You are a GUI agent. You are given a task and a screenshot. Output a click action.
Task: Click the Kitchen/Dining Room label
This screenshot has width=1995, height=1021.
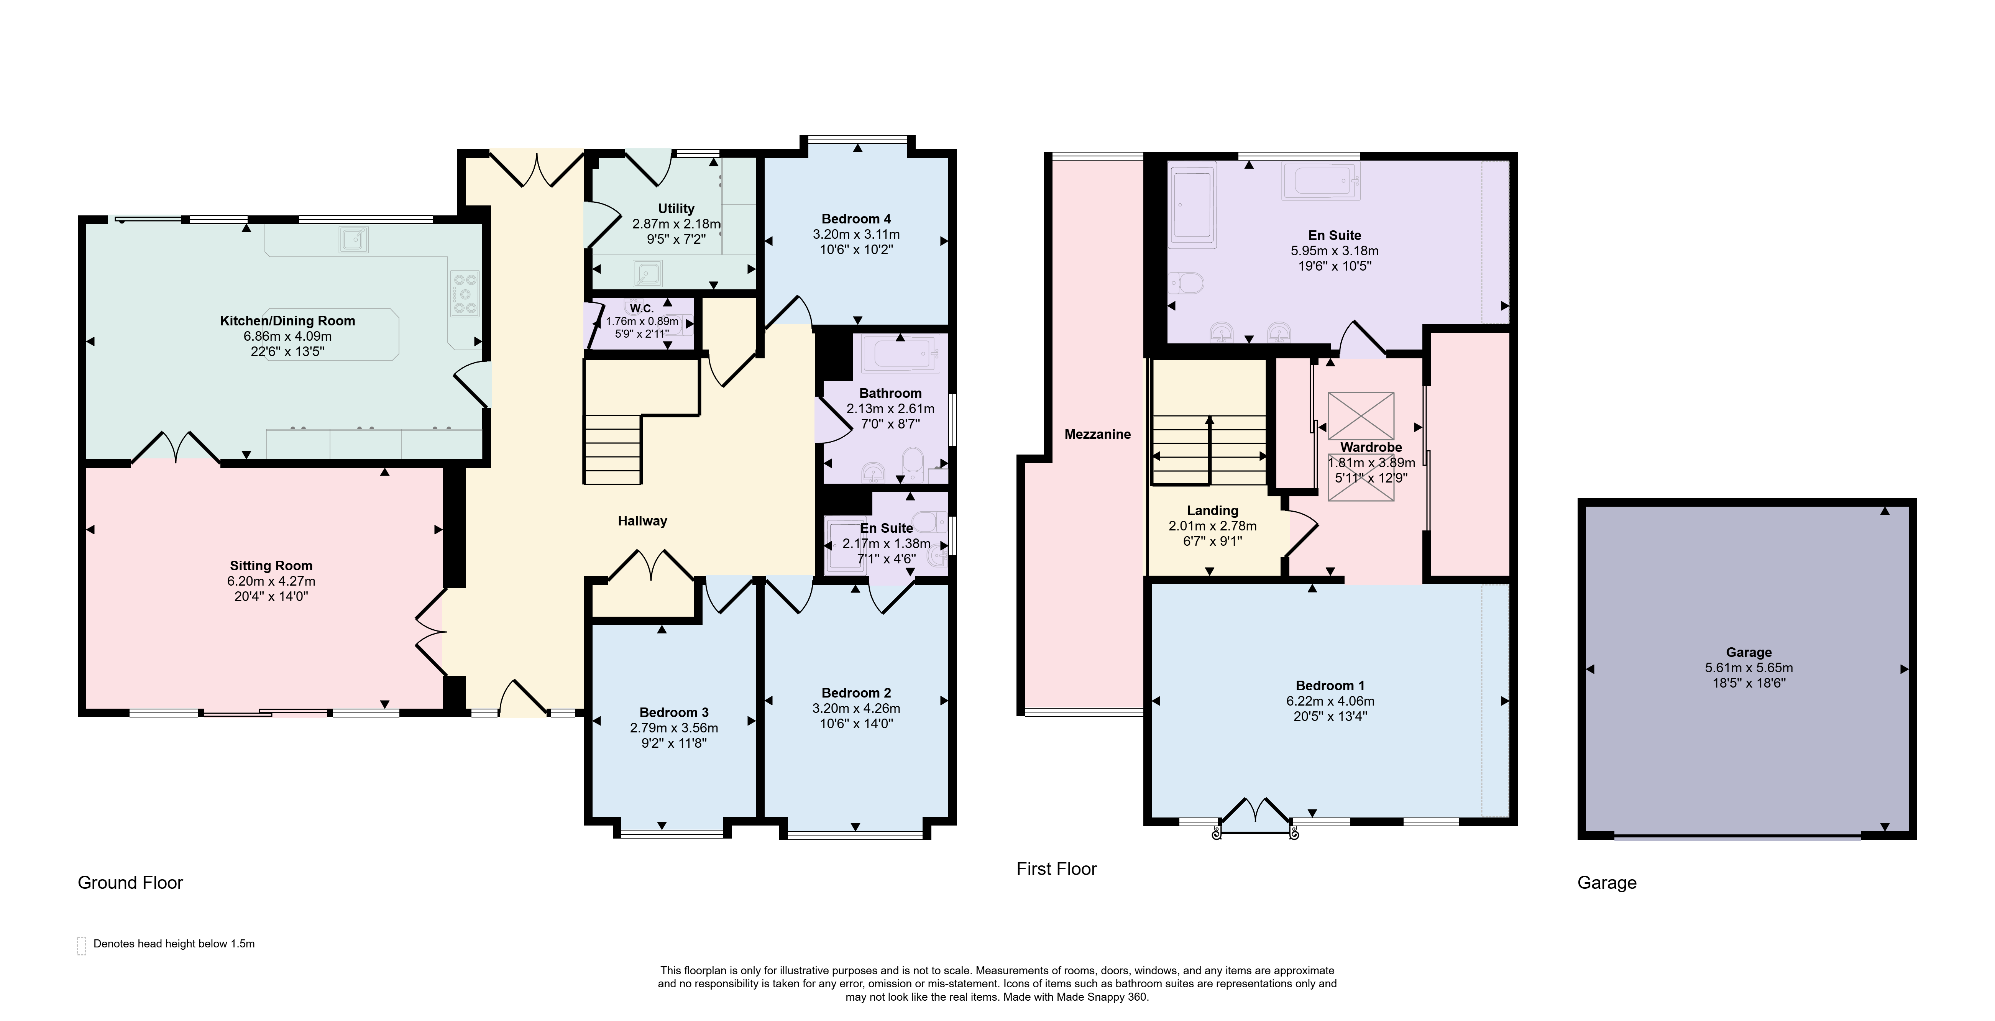(287, 321)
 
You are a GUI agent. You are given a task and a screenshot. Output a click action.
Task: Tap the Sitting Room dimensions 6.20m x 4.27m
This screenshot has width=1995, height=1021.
(271, 581)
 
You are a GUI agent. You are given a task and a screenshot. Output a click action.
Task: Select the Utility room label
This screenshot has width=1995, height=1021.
(676, 208)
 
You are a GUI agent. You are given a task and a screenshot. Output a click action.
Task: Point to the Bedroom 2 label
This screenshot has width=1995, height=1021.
(856, 693)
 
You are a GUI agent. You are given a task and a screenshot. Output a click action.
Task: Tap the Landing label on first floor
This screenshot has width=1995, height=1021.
(1212, 510)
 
